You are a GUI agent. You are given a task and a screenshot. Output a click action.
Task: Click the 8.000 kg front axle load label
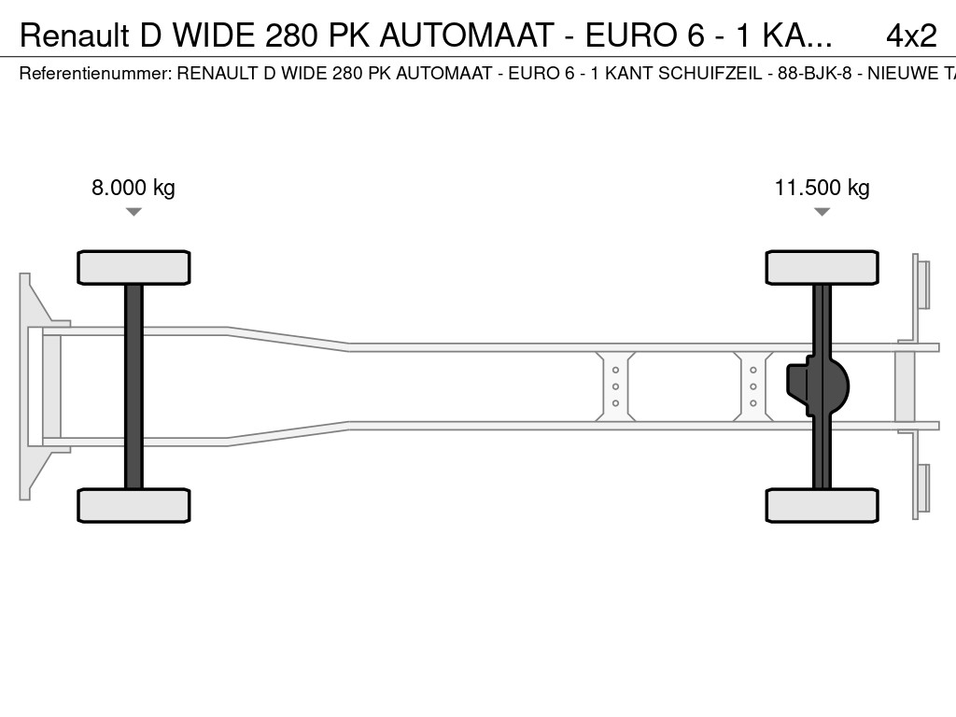[x=134, y=188]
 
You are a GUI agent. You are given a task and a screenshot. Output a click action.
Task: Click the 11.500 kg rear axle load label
[x=822, y=188]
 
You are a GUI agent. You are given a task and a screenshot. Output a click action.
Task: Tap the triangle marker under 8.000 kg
[x=134, y=212]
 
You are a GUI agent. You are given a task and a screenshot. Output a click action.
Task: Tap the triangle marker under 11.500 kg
[x=822, y=212]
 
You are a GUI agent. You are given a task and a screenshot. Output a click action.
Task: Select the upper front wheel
[x=134, y=268]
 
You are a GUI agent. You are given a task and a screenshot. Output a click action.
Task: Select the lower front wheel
[x=134, y=505]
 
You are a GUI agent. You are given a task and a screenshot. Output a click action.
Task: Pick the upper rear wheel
[x=822, y=268]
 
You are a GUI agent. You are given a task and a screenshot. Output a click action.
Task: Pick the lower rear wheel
[x=822, y=505]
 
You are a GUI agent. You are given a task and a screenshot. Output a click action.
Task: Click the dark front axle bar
[x=134, y=387]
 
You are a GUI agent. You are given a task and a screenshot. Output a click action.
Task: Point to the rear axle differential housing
[x=817, y=387]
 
